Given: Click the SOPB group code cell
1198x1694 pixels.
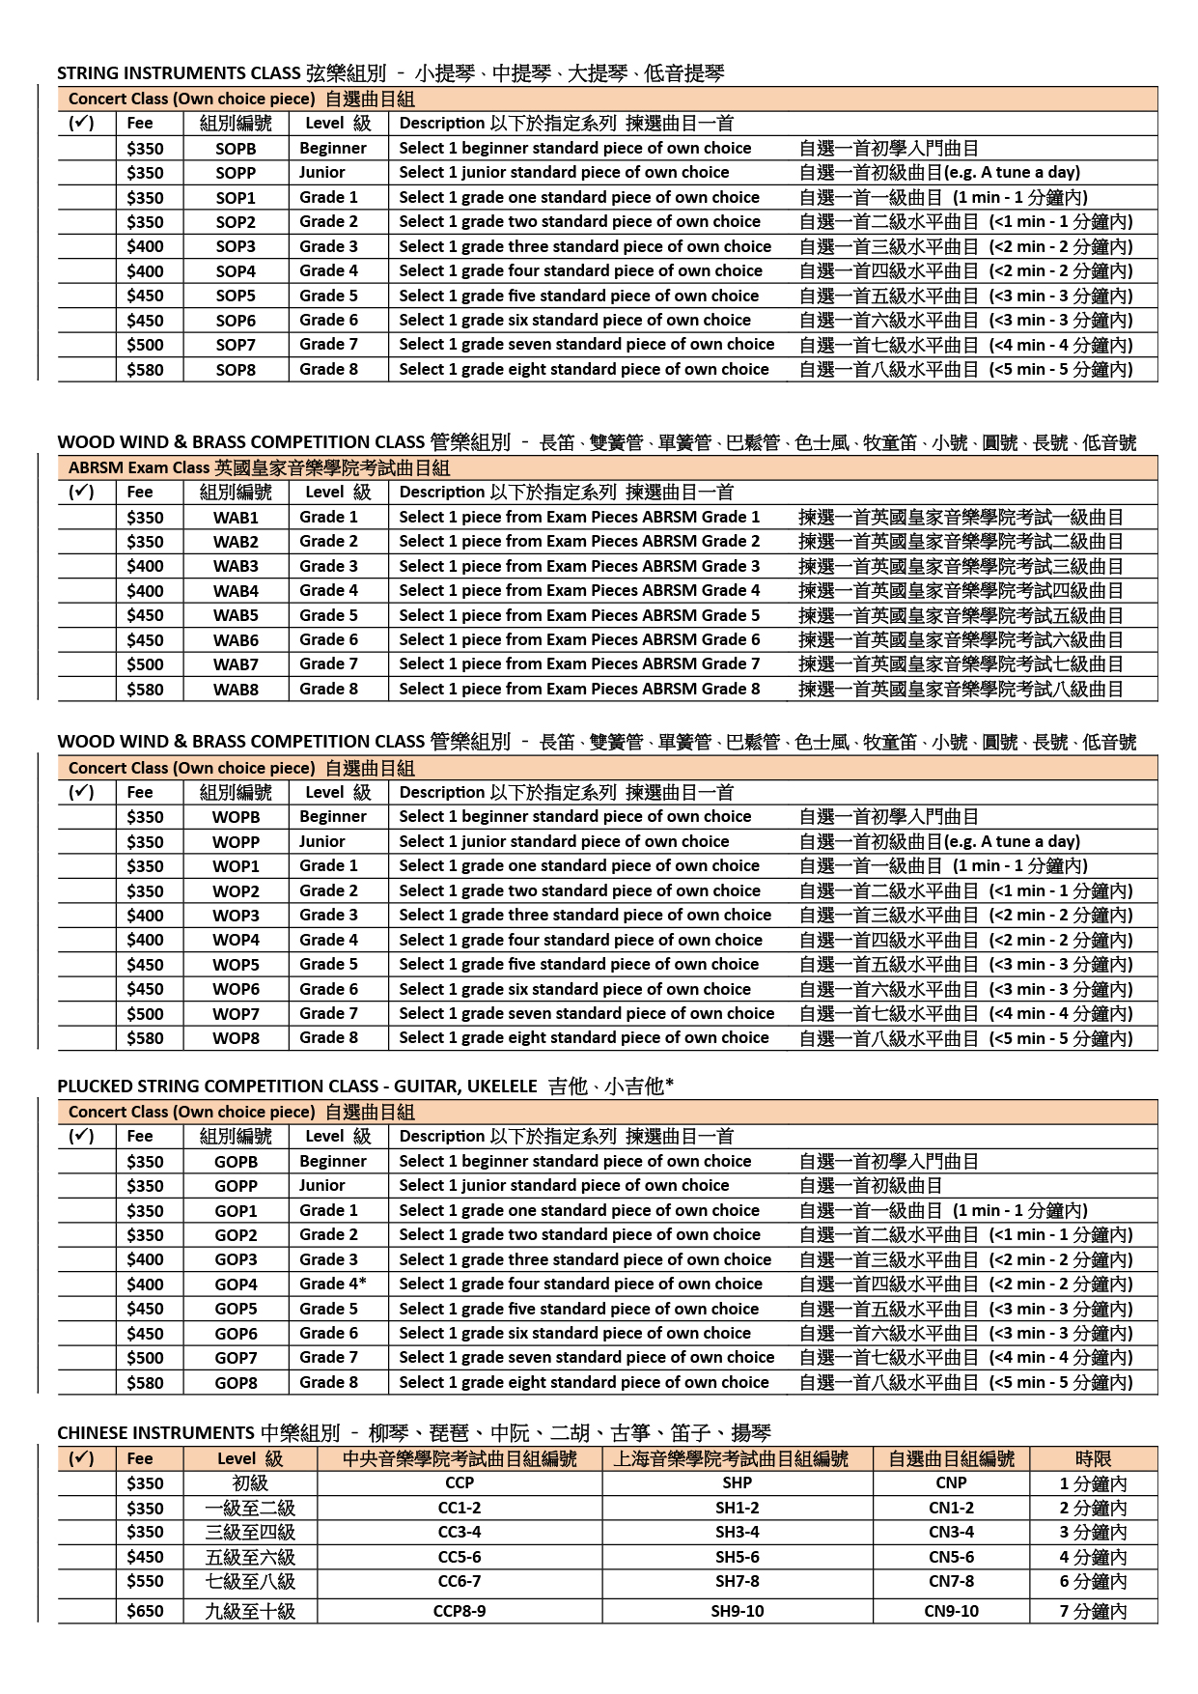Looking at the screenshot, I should [x=236, y=149].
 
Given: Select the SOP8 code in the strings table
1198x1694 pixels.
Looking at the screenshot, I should [x=236, y=370].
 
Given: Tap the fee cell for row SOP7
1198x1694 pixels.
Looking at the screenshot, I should [x=145, y=345].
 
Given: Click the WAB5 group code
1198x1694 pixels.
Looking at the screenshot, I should [x=236, y=615].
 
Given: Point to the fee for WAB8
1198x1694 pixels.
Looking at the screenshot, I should [x=145, y=690].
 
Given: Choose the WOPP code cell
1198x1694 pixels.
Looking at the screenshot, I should [x=236, y=842].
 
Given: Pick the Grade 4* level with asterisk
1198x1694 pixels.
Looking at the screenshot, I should [x=332, y=1284].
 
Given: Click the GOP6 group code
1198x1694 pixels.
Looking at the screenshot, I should [x=236, y=1334].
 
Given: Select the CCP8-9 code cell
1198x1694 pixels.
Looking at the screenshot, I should [x=460, y=1611].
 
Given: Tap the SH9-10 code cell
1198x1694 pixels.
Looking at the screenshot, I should [x=738, y=1611].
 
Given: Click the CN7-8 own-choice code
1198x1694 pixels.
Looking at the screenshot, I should [x=951, y=1581].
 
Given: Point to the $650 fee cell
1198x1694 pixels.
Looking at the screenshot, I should [x=145, y=1611].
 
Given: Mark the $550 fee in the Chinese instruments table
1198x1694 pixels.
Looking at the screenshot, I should [x=145, y=1581].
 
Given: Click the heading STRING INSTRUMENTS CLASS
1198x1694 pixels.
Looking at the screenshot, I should [x=179, y=73].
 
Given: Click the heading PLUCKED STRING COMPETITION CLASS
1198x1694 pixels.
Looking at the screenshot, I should [x=296, y=1087].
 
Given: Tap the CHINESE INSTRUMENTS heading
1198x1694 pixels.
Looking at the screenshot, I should [x=155, y=1433].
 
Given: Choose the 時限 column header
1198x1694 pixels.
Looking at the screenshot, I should [x=1093, y=1458].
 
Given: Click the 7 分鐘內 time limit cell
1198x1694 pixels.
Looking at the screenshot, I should [x=1093, y=1611].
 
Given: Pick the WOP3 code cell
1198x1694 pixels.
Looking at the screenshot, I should [x=236, y=916].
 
